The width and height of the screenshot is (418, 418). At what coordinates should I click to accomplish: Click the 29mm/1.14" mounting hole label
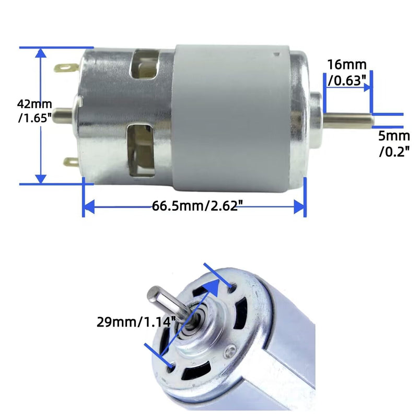click(x=135, y=322)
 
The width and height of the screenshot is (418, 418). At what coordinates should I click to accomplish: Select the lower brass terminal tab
click(x=71, y=162)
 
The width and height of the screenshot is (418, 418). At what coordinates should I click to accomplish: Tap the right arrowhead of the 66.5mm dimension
click(x=299, y=206)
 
